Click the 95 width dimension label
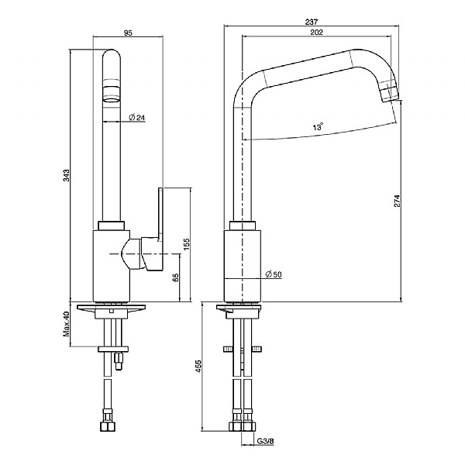point(128,32)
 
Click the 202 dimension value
point(315,32)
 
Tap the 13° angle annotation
point(318,126)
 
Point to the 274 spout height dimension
point(396,200)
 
